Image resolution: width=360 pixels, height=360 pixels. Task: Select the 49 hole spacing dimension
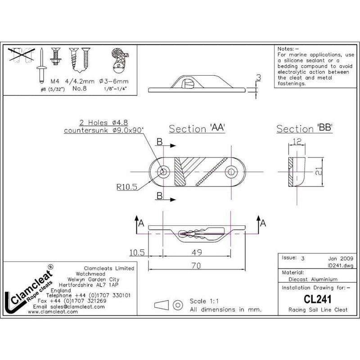pos(196,253)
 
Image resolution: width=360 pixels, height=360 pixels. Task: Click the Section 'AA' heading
pos(197,129)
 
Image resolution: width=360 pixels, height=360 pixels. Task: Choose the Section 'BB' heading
pos(304,129)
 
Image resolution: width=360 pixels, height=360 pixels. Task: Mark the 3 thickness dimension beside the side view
pos(258,78)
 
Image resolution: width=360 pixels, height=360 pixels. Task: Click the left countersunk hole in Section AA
pos(163,171)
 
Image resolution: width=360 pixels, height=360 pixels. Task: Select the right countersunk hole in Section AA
pos(232,171)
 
